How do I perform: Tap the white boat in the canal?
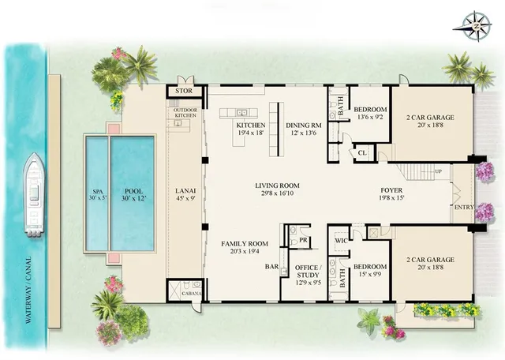pos(34,195)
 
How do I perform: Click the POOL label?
pos(132,192)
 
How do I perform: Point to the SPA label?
pos(95,192)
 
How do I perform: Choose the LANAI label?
pos(185,192)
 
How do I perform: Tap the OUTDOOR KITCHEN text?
pos(185,113)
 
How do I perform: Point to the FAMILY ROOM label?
pos(243,245)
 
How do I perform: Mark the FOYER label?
pos(392,190)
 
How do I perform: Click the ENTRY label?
pos(462,208)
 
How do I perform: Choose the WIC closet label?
pos(341,239)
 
